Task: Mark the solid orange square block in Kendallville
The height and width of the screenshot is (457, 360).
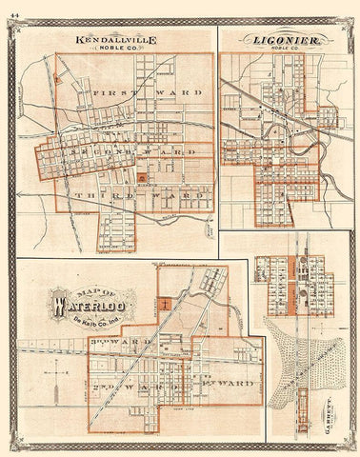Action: coord(144,175)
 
